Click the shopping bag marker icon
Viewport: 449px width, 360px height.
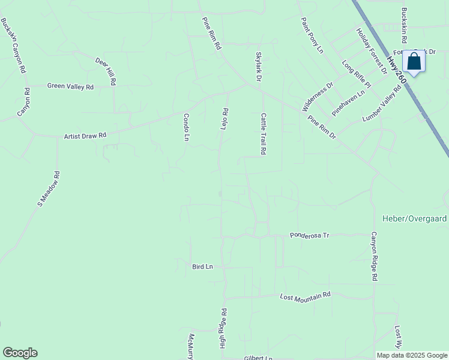click(414, 61)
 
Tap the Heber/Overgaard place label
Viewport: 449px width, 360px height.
click(414, 218)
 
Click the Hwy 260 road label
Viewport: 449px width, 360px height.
click(396, 70)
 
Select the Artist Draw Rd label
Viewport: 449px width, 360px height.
click(85, 136)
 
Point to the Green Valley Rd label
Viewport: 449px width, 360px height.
click(70, 86)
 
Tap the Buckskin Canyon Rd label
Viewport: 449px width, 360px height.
click(13, 46)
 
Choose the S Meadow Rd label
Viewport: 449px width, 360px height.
click(49, 189)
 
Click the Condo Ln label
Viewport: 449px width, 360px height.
click(186, 127)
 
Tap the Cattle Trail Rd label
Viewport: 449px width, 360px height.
click(263, 134)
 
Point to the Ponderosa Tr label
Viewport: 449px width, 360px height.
click(310, 235)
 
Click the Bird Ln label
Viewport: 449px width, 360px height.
click(203, 266)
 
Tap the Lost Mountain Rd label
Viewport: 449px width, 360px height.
click(306, 296)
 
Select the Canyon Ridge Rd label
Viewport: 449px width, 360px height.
click(373, 256)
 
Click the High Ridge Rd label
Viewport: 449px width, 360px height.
click(223, 328)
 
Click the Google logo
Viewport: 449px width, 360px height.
click(20, 353)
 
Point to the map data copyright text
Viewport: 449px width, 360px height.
click(412, 355)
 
